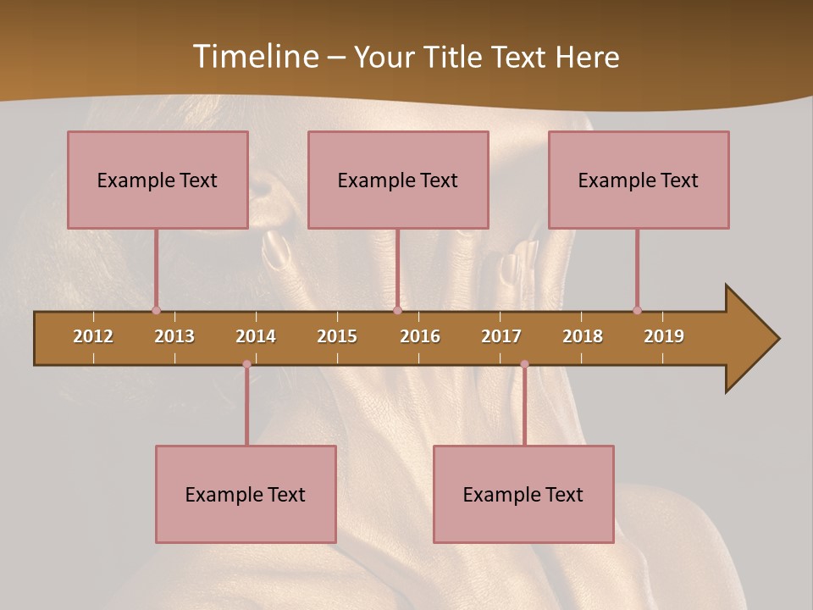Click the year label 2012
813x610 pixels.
[93, 336]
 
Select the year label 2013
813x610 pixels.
[174, 336]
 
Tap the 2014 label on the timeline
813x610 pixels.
[256, 336]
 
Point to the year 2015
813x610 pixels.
[337, 336]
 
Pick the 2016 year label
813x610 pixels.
[420, 336]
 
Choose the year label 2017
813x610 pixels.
[501, 336]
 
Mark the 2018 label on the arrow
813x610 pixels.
[583, 336]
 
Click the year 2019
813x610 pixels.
[664, 336]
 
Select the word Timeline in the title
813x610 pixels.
[254, 57]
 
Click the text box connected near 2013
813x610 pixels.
[158, 180]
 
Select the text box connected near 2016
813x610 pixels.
[398, 180]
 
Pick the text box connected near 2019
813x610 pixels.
[639, 180]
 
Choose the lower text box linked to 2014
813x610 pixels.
[246, 494]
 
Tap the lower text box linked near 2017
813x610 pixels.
[523, 494]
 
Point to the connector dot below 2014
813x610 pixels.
[246, 364]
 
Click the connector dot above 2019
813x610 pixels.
[637, 310]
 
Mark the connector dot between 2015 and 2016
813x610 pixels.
[397, 310]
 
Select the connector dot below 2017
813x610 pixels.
[524, 364]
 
